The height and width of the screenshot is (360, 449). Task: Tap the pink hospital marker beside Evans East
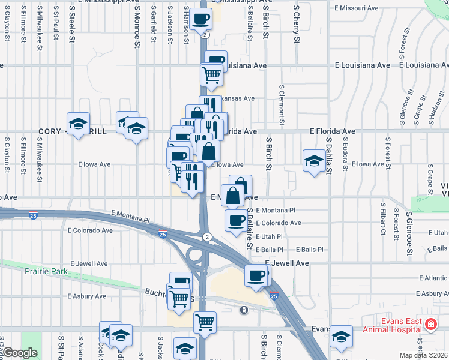click(430, 325)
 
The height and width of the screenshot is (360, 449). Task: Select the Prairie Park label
click(47, 271)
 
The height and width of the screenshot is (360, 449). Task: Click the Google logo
click(20, 353)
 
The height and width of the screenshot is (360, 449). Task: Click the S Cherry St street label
click(297, 24)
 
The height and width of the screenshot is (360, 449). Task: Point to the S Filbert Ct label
click(382, 221)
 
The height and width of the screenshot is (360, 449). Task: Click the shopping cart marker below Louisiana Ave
click(212, 75)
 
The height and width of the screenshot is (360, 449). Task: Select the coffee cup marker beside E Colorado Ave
click(235, 220)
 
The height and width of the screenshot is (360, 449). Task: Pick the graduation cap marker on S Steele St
click(78, 124)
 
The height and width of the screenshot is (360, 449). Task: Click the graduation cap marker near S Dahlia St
click(313, 160)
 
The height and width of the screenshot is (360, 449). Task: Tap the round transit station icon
click(244, 310)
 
